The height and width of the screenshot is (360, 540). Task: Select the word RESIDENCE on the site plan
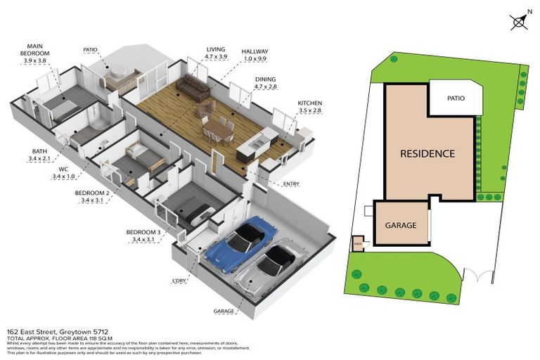pyautogui.click(x=427, y=153)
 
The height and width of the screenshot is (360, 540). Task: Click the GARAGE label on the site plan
pyautogui.click(x=400, y=226)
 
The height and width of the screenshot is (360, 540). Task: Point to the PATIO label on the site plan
pyautogui.click(x=456, y=98)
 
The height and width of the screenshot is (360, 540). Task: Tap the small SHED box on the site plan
pyautogui.click(x=357, y=245)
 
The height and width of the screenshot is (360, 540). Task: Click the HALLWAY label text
pyautogui.click(x=254, y=51)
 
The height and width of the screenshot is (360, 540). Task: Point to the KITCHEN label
pyautogui.click(x=309, y=102)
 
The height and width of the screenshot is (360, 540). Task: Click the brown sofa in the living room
pyautogui.click(x=191, y=89)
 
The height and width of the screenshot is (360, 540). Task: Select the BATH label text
pyautogui.click(x=39, y=151)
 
